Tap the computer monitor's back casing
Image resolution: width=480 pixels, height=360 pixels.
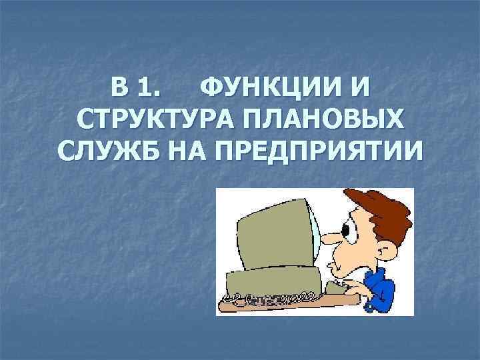click(x=267, y=240)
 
